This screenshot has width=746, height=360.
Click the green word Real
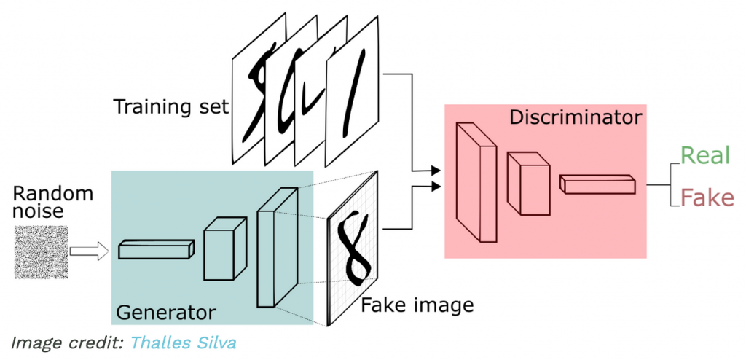[x=704, y=155]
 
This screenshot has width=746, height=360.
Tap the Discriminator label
[x=576, y=117]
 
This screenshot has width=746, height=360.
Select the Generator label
[x=166, y=312]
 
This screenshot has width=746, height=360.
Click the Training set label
[x=170, y=108]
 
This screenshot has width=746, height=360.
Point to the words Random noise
[x=53, y=202]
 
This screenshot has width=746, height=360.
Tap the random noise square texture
[x=42, y=252]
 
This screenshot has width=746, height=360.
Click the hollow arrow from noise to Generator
[x=89, y=252]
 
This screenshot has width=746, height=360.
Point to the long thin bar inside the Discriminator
[x=596, y=183]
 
